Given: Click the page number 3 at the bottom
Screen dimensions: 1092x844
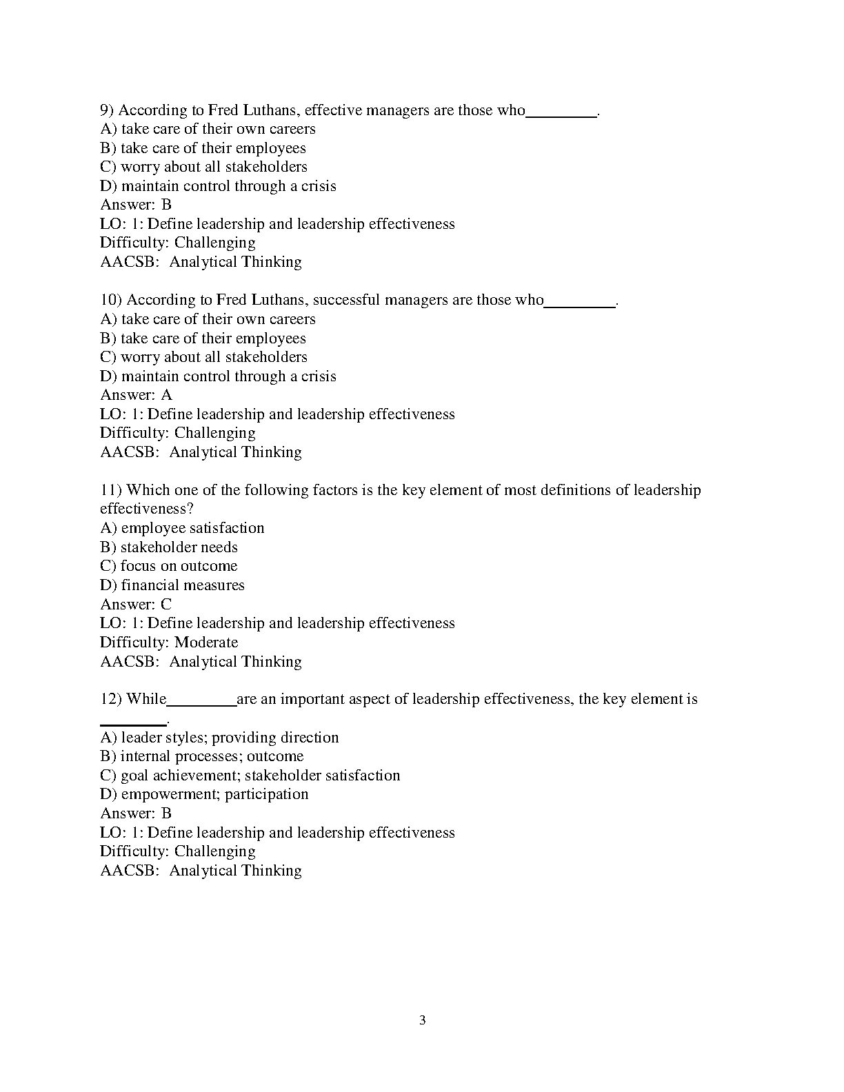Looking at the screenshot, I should (422, 1020).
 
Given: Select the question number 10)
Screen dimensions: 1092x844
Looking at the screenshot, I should (111, 300).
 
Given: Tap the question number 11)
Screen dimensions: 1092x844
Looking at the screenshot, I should (111, 490).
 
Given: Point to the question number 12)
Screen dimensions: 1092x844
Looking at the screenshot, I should (111, 699).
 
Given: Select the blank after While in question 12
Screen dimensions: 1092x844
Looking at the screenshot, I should (201, 705).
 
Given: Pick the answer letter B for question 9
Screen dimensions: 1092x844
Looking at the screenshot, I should (166, 205).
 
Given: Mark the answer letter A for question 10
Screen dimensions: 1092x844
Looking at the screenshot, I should (166, 395).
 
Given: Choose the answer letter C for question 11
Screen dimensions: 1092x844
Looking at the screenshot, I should (166, 605).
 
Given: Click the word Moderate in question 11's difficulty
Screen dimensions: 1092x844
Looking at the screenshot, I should (206, 643).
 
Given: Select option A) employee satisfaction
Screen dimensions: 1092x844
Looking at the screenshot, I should (183, 528).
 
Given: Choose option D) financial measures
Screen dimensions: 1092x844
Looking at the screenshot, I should (172, 585).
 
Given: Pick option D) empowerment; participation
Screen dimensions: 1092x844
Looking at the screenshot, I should (205, 794).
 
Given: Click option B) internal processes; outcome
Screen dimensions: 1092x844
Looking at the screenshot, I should (202, 756).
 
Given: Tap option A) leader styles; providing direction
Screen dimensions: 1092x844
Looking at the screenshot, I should (220, 738).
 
